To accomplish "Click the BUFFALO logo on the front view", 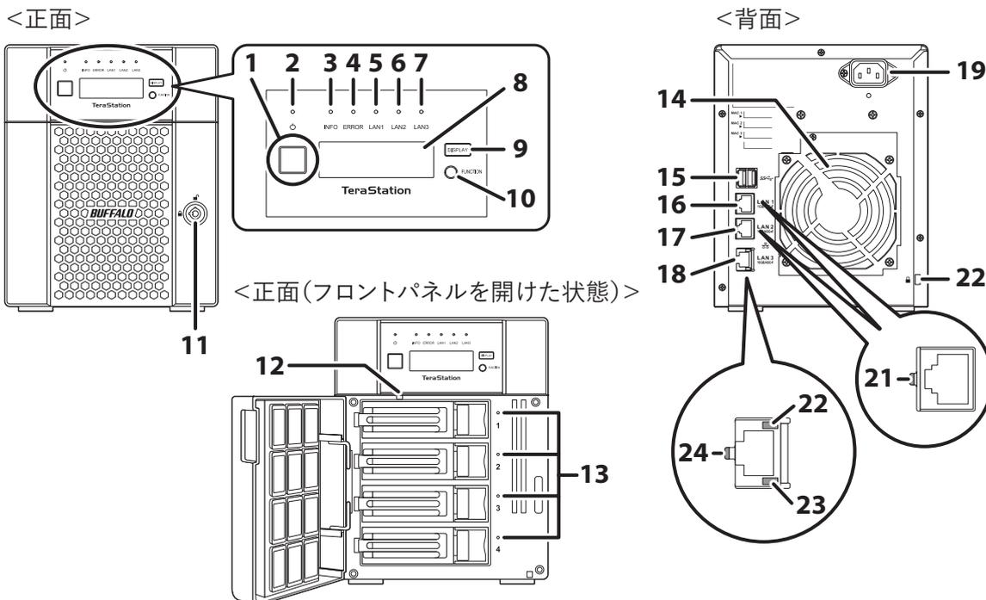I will point(121,211).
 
